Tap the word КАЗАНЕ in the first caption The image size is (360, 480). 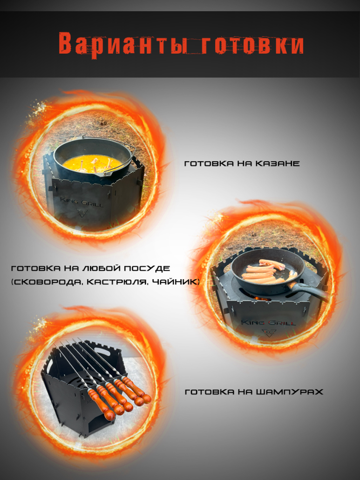click(278, 164)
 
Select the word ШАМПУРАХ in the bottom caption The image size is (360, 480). click(289, 392)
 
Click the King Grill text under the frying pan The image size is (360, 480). click(268, 322)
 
